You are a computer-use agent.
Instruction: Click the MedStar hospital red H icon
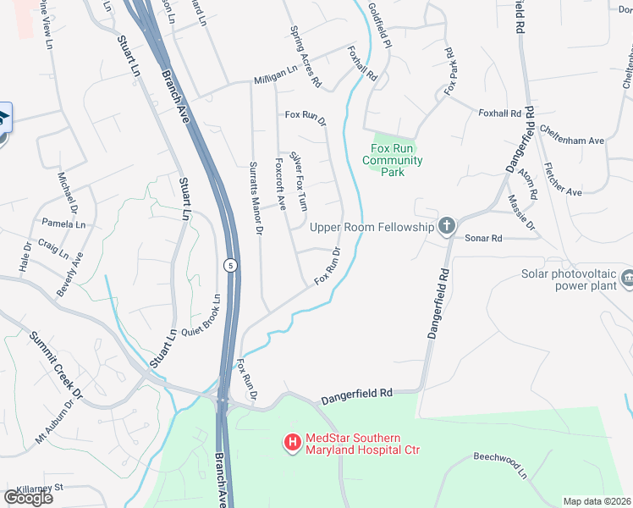[292, 442]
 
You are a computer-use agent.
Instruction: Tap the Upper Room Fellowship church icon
[447, 226]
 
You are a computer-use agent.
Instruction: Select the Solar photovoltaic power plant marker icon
[627, 277]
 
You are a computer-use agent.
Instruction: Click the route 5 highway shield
[230, 266]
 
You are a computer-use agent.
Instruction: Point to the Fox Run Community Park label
[392, 160]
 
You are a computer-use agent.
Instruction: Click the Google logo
[28, 498]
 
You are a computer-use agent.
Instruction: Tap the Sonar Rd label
[484, 239]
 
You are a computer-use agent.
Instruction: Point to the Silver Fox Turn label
[300, 179]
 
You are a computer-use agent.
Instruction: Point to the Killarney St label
[35, 488]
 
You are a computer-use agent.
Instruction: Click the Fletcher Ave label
[563, 179]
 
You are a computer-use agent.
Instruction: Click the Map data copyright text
[597, 501]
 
